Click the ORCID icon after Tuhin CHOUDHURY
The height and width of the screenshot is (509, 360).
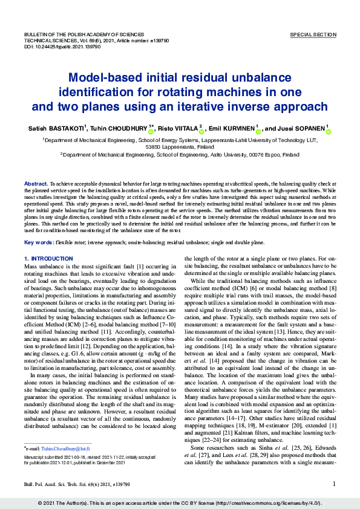(x=151, y=130)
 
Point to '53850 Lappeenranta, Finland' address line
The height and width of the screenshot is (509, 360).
(x=180, y=147)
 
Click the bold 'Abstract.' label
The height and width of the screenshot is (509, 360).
(x=35, y=183)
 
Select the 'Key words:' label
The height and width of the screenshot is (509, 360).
(x=38, y=242)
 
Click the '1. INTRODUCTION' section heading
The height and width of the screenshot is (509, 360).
(x=48, y=258)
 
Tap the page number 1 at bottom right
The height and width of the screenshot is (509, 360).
(x=334, y=484)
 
